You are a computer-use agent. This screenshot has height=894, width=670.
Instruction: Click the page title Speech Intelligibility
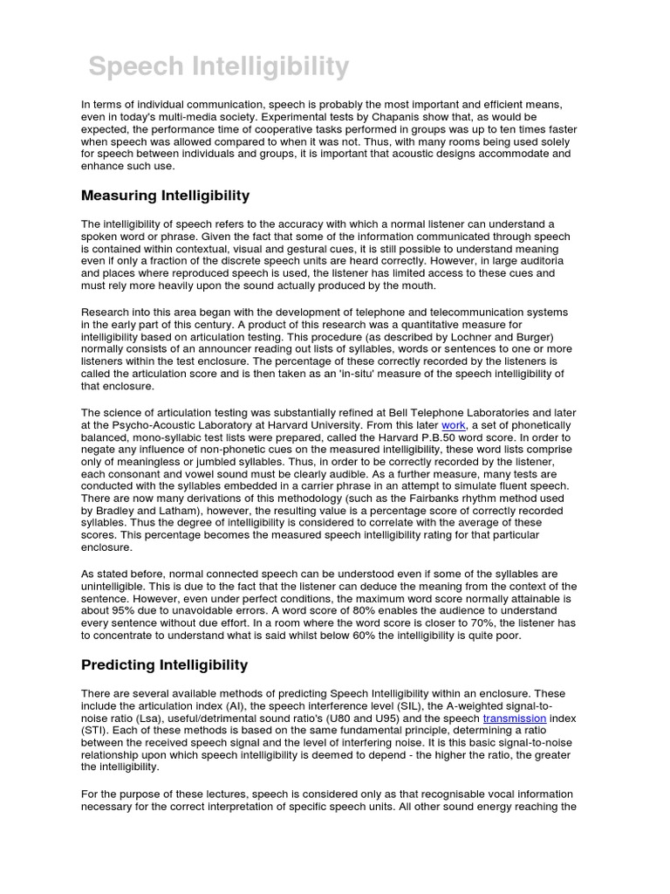[x=220, y=66]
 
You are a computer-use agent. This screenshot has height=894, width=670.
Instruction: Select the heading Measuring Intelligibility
[x=166, y=195]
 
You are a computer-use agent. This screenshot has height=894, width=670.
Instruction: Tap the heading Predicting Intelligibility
[x=165, y=664]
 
